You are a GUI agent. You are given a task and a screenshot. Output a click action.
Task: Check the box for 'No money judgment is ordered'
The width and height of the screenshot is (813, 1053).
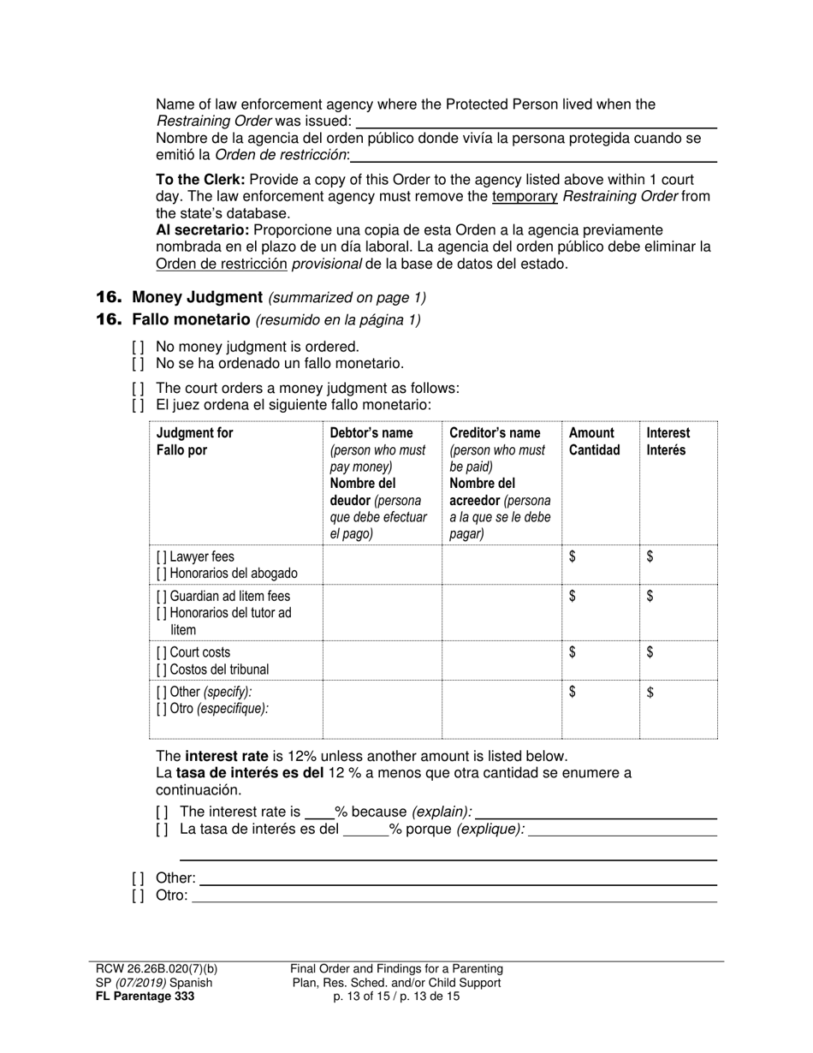(138, 347)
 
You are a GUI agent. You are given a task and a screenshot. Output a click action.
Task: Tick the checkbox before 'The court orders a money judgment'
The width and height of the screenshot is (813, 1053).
(138, 388)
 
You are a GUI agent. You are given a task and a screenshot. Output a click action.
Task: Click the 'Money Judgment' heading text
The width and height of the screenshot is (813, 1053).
(197, 297)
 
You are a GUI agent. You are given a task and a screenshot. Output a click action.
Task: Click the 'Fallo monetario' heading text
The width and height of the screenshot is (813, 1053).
(192, 319)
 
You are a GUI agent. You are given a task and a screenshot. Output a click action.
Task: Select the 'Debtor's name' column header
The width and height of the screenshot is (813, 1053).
(371, 433)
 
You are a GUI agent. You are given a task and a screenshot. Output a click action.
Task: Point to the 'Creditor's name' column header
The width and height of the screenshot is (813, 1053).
(495, 433)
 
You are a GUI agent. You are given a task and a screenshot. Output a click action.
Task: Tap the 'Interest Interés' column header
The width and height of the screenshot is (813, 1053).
(668, 441)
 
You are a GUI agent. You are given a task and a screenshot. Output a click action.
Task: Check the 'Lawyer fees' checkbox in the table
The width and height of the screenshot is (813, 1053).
(162, 556)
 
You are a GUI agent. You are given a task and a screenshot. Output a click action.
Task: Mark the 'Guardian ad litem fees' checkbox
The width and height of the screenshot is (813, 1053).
(162, 596)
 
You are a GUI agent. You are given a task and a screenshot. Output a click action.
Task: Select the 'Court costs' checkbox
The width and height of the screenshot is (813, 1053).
(162, 652)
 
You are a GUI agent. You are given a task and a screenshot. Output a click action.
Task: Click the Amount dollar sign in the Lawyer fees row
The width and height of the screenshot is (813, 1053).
(573, 556)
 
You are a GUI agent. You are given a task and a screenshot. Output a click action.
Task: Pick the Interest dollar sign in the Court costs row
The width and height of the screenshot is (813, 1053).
(650, 652)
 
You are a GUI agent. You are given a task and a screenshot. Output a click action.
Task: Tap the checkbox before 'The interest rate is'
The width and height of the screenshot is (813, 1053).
(162, 812)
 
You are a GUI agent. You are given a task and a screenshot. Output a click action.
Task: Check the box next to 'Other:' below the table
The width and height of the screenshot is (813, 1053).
(138, 878)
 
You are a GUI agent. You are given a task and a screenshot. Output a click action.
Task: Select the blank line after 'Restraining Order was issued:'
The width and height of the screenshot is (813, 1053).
(536, 122)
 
